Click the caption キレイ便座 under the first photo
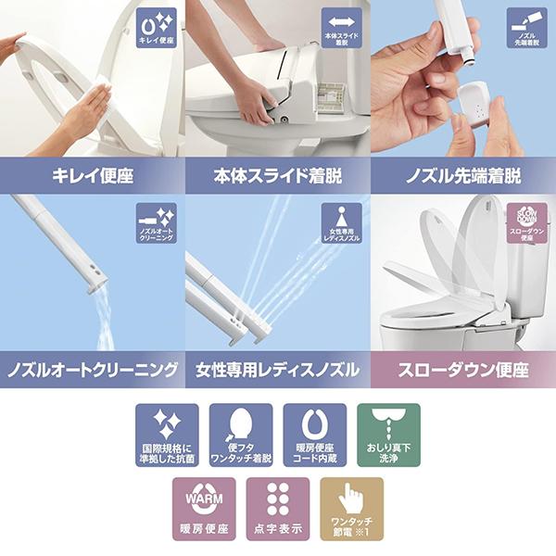[93, 174]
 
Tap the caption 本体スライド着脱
[277, 174]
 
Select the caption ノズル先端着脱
[463, 174]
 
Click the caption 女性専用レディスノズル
[277, 369]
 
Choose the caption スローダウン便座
[463, 369]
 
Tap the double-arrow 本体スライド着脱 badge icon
[342, 29]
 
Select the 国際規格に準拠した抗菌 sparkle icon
[167, 435]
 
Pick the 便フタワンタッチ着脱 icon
[241, 435]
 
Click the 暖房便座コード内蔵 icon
[315, 435]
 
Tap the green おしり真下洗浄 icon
[388, 435]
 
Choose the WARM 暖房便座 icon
[204, 509]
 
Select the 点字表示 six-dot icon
[278, 509]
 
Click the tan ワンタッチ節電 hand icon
[352, 509]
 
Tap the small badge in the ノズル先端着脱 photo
[526, 29]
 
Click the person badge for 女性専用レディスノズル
[342, 223]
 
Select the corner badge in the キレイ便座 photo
[156, 29]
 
